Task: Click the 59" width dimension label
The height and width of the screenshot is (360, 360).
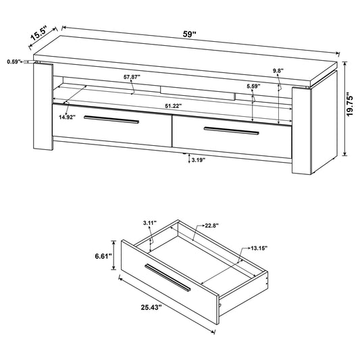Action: coord(189,34)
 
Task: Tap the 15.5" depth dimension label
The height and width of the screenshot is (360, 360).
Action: coord(38,34)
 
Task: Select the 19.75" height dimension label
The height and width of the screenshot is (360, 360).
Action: coord(350,104)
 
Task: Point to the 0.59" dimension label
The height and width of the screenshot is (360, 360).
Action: coord(14,61)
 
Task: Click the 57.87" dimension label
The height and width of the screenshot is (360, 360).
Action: coord(132,77)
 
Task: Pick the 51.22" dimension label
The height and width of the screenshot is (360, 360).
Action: coord(174,106)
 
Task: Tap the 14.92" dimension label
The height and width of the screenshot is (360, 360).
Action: coord(67,118)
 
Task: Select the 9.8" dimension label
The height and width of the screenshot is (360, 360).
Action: coord(278,71)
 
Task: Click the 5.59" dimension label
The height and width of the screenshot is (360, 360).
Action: coord(253,86)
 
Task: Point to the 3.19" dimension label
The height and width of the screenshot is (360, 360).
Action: coord(198,160)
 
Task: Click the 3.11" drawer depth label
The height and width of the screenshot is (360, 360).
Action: coord(150,222)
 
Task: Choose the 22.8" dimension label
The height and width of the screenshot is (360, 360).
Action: coord(211,226)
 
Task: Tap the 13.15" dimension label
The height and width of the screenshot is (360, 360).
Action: coord(259,248)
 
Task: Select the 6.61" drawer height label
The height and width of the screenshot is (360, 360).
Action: coord(103,256)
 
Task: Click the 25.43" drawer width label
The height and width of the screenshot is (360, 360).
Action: coord(151,307)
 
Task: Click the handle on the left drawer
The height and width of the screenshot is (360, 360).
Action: coord(111,120)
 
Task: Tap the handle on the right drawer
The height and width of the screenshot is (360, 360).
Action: coord(232,130)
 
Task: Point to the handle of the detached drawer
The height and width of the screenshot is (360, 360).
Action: coord(168,278)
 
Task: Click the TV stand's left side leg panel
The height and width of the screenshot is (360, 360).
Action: coord(43,107)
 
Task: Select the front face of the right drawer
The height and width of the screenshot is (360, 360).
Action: coord(232,136)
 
